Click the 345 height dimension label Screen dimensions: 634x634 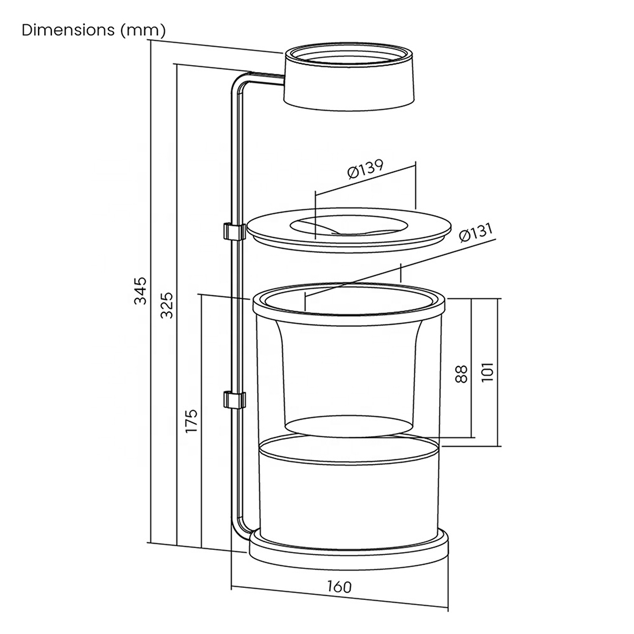point(140,290)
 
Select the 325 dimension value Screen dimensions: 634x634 point(167,305)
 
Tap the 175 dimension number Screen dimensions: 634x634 point(191,421)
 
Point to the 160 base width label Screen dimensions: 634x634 point(339,586)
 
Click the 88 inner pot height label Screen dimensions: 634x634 point(461,373)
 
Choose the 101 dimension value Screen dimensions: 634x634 point(488,371)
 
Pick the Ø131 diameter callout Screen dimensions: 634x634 point(476,232)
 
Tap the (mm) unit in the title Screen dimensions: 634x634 point(143,31)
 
